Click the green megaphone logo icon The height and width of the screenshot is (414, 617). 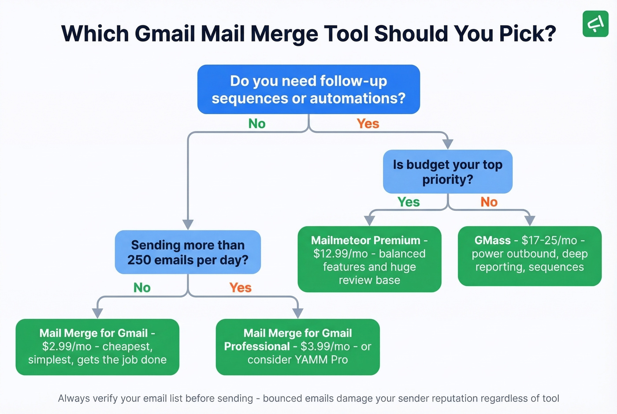[595, 23]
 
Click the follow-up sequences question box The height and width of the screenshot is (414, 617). [308, 90]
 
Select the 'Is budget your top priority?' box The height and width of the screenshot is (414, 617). [447, 172]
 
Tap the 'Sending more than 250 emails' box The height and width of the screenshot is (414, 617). [188, 252]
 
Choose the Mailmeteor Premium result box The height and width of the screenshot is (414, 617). [369, 260]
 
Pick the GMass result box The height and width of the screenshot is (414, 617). [529, 256]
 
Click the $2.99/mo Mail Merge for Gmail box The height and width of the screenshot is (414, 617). [97, 347]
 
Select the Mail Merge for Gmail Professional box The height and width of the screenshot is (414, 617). [297, 347]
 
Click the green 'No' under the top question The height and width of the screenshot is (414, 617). [257, 124]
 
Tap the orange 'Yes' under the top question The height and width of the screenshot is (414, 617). [368, 124]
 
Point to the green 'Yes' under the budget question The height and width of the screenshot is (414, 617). [409, 202]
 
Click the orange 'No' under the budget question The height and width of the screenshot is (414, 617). [489, 202]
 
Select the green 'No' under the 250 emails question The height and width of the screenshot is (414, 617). [142, 288]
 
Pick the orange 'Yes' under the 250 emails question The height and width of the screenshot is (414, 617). [240, 288]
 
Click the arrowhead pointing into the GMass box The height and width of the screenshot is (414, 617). [530, 220]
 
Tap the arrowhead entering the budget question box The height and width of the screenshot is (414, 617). [448, 144]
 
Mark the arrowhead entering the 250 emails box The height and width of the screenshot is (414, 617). [188, 224]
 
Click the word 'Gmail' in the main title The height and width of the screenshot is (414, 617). [165, 34]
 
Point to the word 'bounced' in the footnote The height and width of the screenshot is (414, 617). [281, 399]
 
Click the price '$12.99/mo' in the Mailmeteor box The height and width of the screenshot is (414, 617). [340, 254]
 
